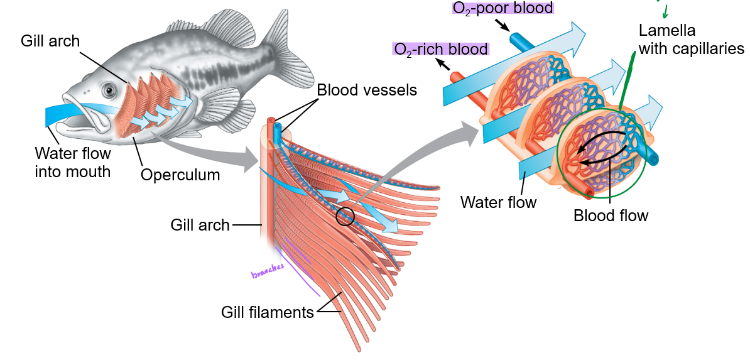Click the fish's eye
pyautogui.click(x=111, y=90)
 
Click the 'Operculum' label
pyautogui.click(x=180, y=175)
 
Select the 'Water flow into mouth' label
pyautogui.click(x=73, y=162)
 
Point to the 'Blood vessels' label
pyautogui.click(x=367, y=90)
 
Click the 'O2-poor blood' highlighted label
pyautogui.click(x=503, y=8)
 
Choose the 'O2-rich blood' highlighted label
pyautogui.click(x=440, y=49)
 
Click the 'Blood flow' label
pyautogui.click(x=611, y=215)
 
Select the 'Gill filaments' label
pyautogui.click(x=268, y=312)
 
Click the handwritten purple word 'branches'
pyautogui.click(x=268, y=271)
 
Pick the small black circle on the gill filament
pyautogui.click(x=345, y=217)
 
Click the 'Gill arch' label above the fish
pyautogui.click(x=50, y=41)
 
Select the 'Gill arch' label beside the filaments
pyautogui.click(x=200, y=224)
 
